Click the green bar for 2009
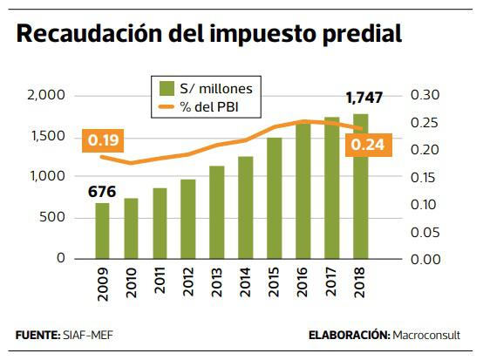click(x=102, y=231)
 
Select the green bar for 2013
click(x=217, y=212)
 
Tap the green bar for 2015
click(x=274, y=198)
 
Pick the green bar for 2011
click(x=160, y=223)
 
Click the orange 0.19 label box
click(x=103, y=139)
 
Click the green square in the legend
click(x=166, y=88)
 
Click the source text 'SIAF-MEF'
click(x=85, y=335)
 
